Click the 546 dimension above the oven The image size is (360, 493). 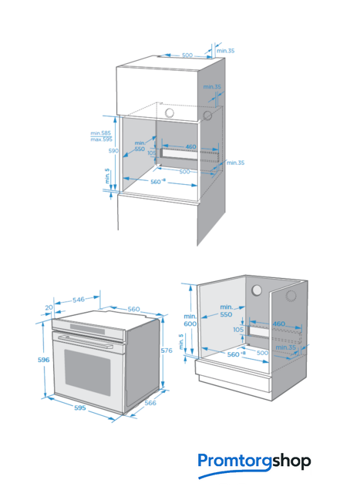click(x=79, y=300)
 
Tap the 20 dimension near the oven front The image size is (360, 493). click(x=49, y=307)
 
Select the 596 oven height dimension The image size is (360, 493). click(x=44, y=360)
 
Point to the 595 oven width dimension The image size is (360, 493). click(x=80, y=407)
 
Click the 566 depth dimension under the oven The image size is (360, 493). click(x=150, y=403)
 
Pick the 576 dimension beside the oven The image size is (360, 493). click(x=167, y=350)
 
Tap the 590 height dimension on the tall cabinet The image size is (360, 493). click(x=113, y=151)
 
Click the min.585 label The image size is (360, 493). click(x=101, y=133)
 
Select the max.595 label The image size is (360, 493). click(x=101, y=139)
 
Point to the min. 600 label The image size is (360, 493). click(x=190, y=320)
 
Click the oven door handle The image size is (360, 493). click(x=86, y=341)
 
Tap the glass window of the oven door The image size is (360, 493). click(x=87, y=373)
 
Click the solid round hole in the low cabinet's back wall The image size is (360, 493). click(x=257, y=290)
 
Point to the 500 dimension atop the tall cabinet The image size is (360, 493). click(x=187, y=55)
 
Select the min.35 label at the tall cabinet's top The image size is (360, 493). click(x=225, y=51)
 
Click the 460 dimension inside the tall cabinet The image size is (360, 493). click(x=190, y=146)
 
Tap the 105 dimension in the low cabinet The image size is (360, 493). click(x=238, y=330)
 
